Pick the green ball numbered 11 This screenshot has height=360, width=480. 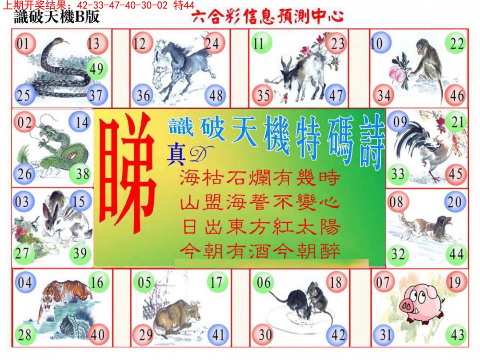click(259, 44)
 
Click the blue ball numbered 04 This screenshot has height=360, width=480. click(25, 282)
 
